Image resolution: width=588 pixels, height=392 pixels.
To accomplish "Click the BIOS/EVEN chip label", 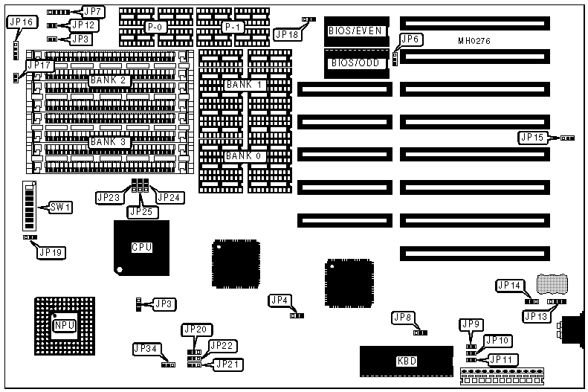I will tap(355, 31).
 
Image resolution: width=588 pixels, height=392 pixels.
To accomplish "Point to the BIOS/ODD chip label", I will tap(355, 63).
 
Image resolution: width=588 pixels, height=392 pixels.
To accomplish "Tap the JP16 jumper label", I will tap(20, 23).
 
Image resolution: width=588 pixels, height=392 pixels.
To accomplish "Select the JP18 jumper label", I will tap(287, 33).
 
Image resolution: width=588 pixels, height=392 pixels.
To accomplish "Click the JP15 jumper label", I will tap(534, 137).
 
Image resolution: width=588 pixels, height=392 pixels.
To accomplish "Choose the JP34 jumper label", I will tap(145, 349).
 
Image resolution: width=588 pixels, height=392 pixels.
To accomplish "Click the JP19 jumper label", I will tap(51, 252).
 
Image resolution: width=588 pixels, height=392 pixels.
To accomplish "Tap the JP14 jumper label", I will tap(510, 285).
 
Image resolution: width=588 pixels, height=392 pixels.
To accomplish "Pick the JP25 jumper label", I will tap(141, 212).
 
